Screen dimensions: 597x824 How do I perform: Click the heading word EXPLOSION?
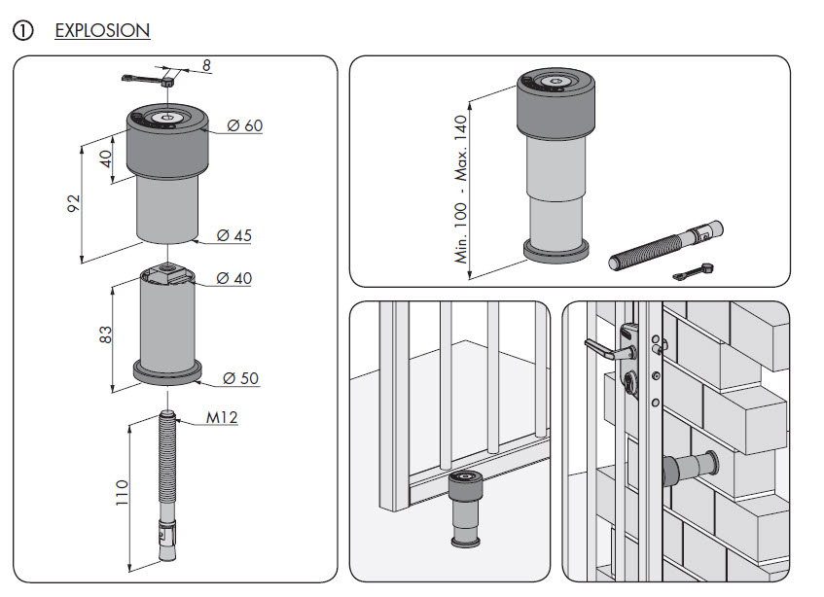point(102,30)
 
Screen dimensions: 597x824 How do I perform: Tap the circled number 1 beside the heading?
point(22,30)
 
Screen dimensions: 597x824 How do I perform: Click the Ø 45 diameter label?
point(234,235)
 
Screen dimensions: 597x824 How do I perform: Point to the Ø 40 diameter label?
point(234,278)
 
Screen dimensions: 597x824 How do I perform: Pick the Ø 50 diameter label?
point(240,377)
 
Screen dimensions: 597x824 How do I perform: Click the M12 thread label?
point(222,418)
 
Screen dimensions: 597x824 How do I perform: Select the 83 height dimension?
point(106,333)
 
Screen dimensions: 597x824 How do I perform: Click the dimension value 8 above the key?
point(206,65)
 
